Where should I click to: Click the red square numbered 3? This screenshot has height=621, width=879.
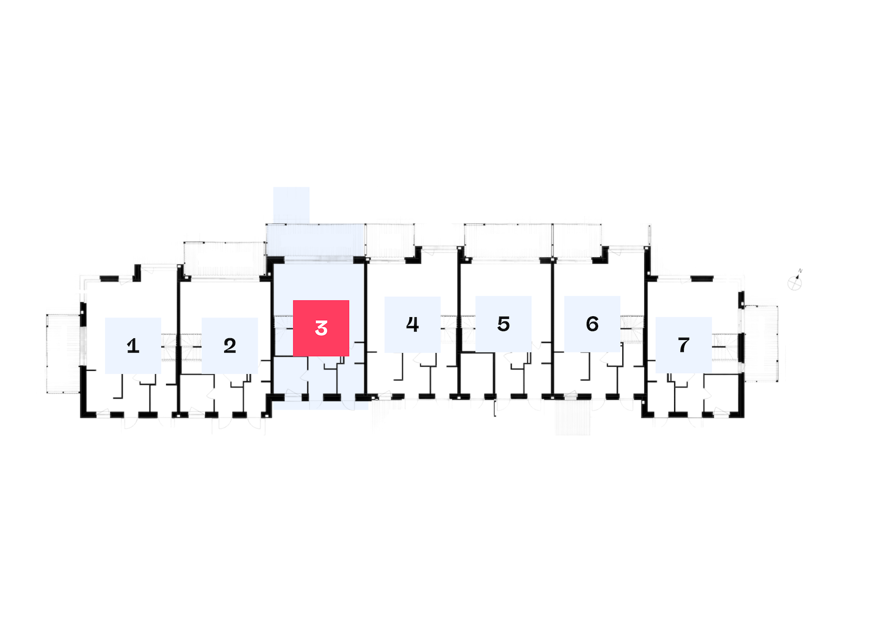(x=321, y=328)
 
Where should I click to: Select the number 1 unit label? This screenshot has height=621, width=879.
(x=133, y=346)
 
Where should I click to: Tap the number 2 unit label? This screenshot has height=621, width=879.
(x=229, y=346)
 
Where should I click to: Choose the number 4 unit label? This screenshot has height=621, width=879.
(x=412, y=325)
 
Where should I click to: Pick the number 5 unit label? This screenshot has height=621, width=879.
(x=503, y=324)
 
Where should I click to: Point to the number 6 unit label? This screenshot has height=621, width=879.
(x=592, y=324)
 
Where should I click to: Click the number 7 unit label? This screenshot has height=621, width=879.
(x=683, y=345)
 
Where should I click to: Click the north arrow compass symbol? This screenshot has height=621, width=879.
(x=795, y=283)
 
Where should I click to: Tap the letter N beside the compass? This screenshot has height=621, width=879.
(x=800, y=271)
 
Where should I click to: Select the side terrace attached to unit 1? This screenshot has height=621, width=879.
(x=64, y=354)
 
